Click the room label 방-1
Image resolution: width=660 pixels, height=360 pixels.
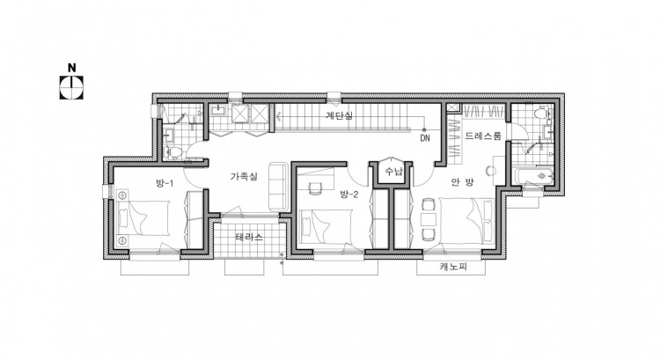pos(165,183)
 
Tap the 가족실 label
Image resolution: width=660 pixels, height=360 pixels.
pos(243,176)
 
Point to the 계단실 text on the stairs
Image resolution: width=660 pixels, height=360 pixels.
pos(339,116)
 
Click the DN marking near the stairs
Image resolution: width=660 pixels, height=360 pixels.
pos(425,138)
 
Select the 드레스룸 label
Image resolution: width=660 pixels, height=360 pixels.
pos(483,136)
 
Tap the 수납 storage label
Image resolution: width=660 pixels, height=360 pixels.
pos(394,172)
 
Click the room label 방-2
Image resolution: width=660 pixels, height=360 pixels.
pos(349,195)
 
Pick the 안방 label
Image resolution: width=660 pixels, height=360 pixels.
pos(463,182)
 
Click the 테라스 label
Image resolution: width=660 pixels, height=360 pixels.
pos(249,237)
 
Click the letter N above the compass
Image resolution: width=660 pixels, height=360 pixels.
pos(72,68)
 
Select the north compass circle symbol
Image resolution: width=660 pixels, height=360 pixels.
pos(71,87)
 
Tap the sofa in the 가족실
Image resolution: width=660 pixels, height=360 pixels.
pos(278,186)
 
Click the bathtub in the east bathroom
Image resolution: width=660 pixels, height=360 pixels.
pos(535,176)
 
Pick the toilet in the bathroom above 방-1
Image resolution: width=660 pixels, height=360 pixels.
pos(173,152)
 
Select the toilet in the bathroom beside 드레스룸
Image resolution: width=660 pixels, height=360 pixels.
pos(540,114)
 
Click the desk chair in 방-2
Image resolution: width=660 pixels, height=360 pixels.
pos(315,188)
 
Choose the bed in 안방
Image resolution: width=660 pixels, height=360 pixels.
pos(466,220)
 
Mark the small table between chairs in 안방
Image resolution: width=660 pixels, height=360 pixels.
pos(429,219)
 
